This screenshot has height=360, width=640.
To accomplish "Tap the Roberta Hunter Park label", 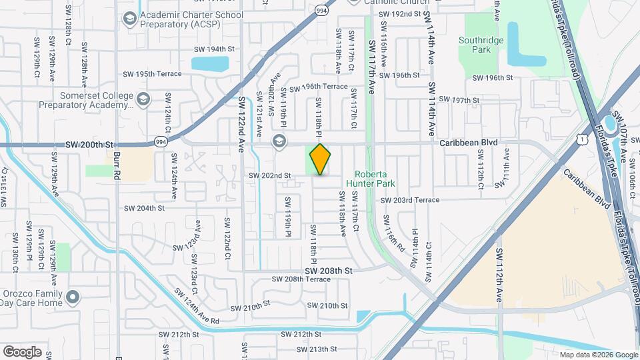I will coord(371,179).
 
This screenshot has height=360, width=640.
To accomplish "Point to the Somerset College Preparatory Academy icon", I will coord(143,100).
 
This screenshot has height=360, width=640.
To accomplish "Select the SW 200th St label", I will coord(91,145).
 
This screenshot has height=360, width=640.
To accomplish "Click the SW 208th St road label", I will coord(328,271).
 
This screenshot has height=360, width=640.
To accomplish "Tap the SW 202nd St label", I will coord(270,175).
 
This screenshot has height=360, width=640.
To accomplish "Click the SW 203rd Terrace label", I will coord(410,200).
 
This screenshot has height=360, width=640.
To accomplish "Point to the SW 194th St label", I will coord(215,49).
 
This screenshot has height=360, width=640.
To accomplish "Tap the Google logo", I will coord(22,351).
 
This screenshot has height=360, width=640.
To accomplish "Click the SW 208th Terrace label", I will coord(297,279).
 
